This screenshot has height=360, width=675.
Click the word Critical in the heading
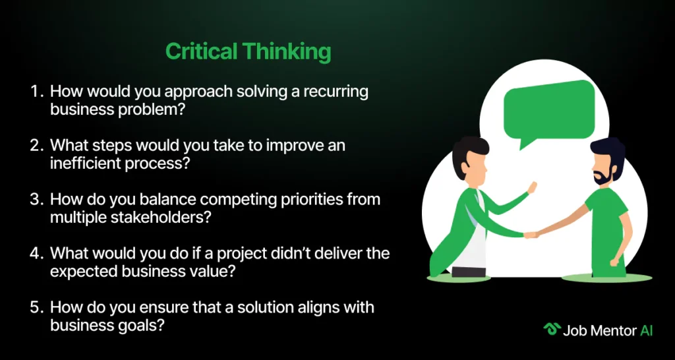[201, 51]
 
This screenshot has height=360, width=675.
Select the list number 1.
[36, 92]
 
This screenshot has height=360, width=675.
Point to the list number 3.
[36, 200]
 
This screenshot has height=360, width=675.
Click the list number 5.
[36, 307]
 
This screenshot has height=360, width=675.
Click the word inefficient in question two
[84, 164]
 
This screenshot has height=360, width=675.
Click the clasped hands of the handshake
[531, 235]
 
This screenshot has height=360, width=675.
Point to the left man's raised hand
[533, 187]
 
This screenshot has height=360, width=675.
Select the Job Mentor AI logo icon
[551, 330]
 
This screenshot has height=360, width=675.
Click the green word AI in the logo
[646, 330]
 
